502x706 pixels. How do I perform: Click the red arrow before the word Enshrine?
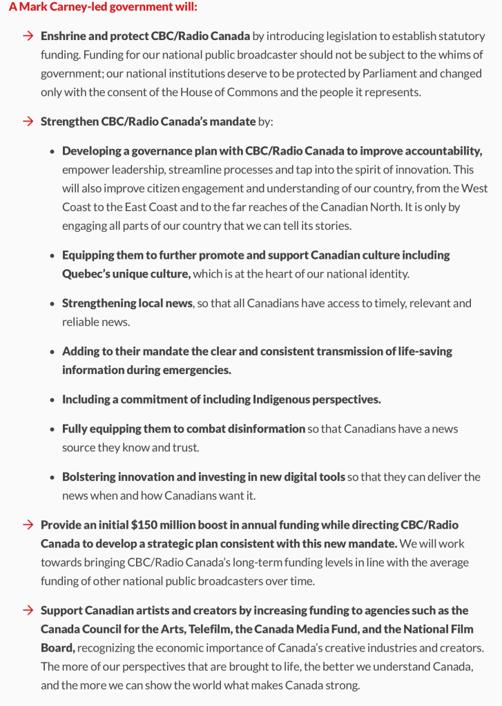(x=28, y=36)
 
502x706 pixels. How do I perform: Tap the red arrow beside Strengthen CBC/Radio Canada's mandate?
(x=28, y=121)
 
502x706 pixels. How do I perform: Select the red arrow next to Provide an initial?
(x=28, y=524)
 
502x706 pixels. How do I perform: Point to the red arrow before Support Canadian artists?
(x=28, y=610)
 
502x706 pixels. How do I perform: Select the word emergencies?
(x=196, y=370)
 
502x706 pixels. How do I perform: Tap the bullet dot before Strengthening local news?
(x=52, y=304)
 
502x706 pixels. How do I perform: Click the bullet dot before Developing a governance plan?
(x=52, y=151)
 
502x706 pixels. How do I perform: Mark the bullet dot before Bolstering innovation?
(x=52, y=478)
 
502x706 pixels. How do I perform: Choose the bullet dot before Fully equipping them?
(x=52, y=429)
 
